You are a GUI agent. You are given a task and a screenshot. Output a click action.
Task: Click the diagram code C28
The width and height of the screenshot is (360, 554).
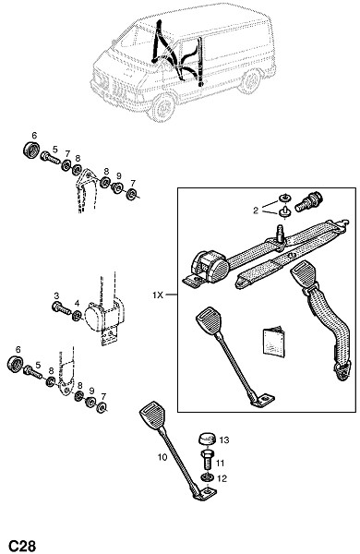[x=22, y=545]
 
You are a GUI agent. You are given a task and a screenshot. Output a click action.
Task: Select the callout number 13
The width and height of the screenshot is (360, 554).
[x=224, y=440]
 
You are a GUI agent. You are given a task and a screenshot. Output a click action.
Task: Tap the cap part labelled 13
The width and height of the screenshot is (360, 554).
[x=207, y=440]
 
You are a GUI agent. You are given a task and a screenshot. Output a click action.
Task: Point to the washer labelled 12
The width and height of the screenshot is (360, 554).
[x=208, y=477]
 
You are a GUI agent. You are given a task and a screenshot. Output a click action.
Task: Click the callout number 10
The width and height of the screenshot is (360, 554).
[x=162, y=457]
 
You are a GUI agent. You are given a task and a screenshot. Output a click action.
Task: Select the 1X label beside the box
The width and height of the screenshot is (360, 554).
[x=158, y=295]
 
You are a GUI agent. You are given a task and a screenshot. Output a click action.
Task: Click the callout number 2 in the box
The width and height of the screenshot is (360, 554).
[x=256, y=211]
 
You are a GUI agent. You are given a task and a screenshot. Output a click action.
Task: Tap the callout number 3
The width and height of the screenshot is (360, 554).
[x=56, y=295]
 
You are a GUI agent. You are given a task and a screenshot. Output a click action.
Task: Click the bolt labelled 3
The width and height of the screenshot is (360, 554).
[x=61, y=308]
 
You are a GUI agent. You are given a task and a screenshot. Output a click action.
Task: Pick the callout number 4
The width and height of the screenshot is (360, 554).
[x=77, y=303]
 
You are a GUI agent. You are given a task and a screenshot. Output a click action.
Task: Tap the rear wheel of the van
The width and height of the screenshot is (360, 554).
[x=250, y=81]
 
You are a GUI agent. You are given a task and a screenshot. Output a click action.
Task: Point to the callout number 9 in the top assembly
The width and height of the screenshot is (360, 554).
[x=119, y=175]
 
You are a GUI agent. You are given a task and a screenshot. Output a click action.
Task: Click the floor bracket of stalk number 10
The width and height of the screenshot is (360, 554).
[x=205, y=493]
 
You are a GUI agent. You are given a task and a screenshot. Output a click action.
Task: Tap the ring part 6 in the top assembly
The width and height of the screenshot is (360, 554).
[x=31, y=150]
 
